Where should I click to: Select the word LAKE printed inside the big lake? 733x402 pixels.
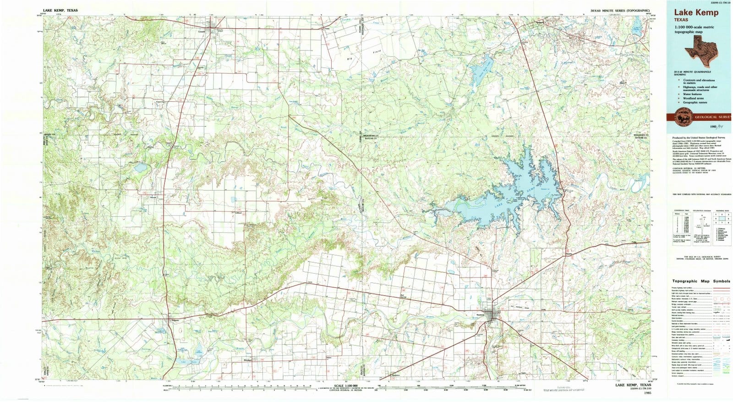[x=500, y=202]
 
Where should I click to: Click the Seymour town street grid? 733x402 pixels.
[x=494, y=316]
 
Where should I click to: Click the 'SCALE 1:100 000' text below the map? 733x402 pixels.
[x=346, y=386]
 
